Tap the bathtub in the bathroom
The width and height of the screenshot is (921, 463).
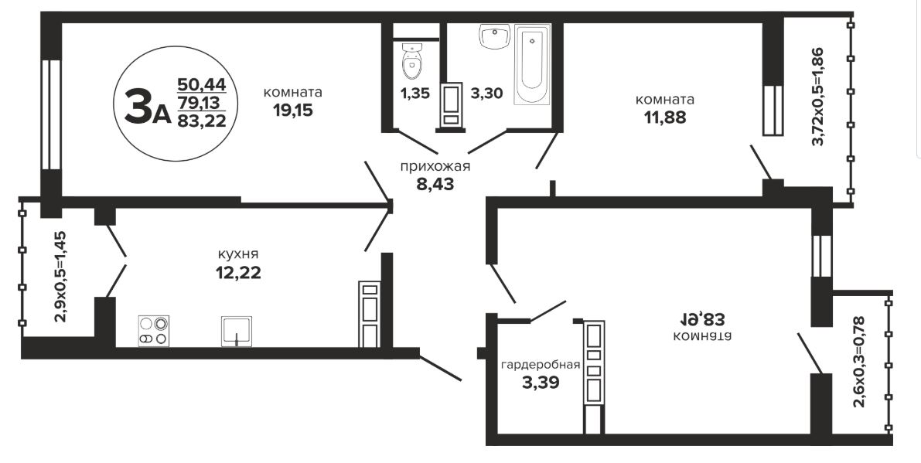531,64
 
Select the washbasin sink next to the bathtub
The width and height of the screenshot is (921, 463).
494,37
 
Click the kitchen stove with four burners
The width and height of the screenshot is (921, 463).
154,331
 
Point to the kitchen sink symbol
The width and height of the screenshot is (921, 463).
236,332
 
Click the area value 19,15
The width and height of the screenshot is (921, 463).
292,110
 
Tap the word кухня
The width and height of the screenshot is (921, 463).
238,254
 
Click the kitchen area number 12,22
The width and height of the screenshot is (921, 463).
238,272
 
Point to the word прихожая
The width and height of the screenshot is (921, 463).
435,167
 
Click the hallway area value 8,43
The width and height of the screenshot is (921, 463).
435,184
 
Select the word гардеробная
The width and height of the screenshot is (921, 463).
541,365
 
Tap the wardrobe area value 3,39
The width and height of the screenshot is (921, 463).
541,383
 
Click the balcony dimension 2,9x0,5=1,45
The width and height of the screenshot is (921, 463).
60,277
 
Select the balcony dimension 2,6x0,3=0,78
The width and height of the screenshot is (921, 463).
859,362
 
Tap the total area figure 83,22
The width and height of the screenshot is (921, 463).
202,121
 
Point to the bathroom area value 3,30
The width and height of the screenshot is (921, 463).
486,93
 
